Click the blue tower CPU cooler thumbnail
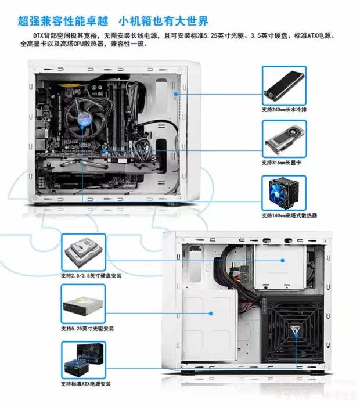[284, 193]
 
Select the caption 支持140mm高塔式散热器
[289, 215]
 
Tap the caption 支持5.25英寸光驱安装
[87, 328]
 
